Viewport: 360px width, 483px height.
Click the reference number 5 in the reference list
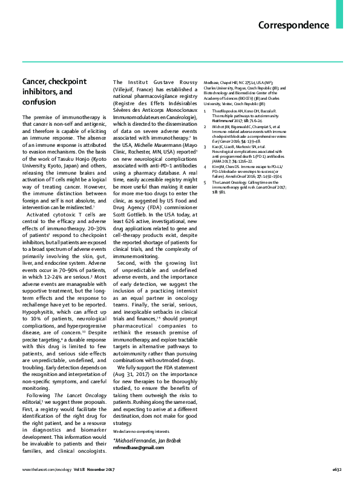tap(206, 182)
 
